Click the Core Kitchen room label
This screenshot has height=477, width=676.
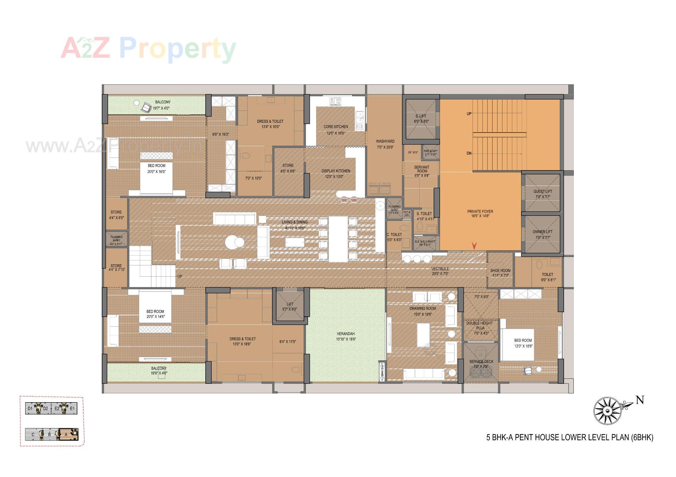click(x=336, y=127)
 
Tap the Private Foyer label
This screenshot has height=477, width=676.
click(x=480, y=212)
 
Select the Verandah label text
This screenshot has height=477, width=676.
click(x=345, y=334)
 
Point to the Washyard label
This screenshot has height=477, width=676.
click(x=385, y=141)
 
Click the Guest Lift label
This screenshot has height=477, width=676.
click(x=543, y=192)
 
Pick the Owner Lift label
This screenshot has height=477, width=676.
click(x=543, y=232)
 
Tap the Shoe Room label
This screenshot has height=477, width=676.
click(x=500, y=271)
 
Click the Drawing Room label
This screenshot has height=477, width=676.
click(x=423, y=309)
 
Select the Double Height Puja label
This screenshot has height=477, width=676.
click(x=480, y=325)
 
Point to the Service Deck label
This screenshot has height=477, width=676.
click(x=481, y=361)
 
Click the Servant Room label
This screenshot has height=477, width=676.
click(x=422, y=169)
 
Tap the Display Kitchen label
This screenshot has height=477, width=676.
click(x=336, y=171)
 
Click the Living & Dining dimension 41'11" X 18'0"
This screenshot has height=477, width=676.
click(x=295, y=228)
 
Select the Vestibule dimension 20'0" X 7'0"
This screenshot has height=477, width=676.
click(x=440, y=274)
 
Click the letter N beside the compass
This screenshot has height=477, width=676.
click(x=640, y=400)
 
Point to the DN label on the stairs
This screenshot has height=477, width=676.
click(x=469, y=154)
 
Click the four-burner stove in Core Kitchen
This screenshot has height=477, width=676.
click(x=335, y=101)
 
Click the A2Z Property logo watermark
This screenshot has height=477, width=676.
click(x=148, y=49)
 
